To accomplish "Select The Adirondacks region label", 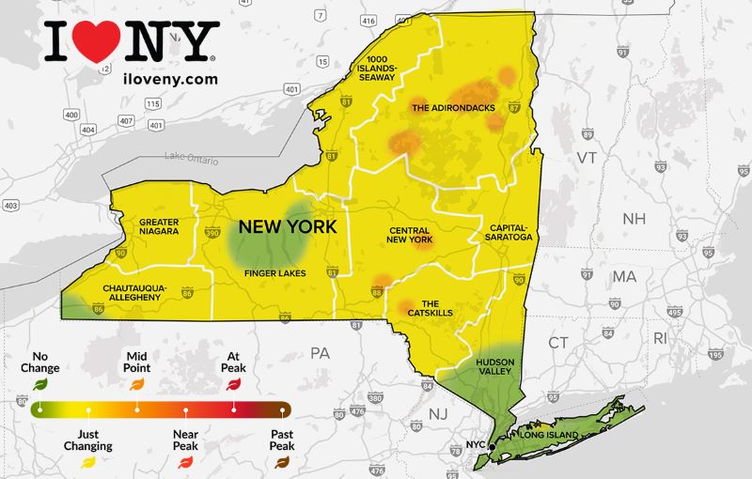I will click(x=453, y=108).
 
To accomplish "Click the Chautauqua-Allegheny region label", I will click(x=133, y=290).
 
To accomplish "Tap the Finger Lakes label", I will click(x=274, y=273).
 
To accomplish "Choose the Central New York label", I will click(x=409, y=235).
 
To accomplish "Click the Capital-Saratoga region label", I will click(x=509, y=232).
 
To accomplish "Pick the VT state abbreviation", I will click(x=587, y=158).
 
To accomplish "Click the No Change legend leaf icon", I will click(x=39, y=382).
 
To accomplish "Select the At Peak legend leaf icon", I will click(x=233, y=382).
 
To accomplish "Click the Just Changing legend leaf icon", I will click(x=88, y=461).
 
